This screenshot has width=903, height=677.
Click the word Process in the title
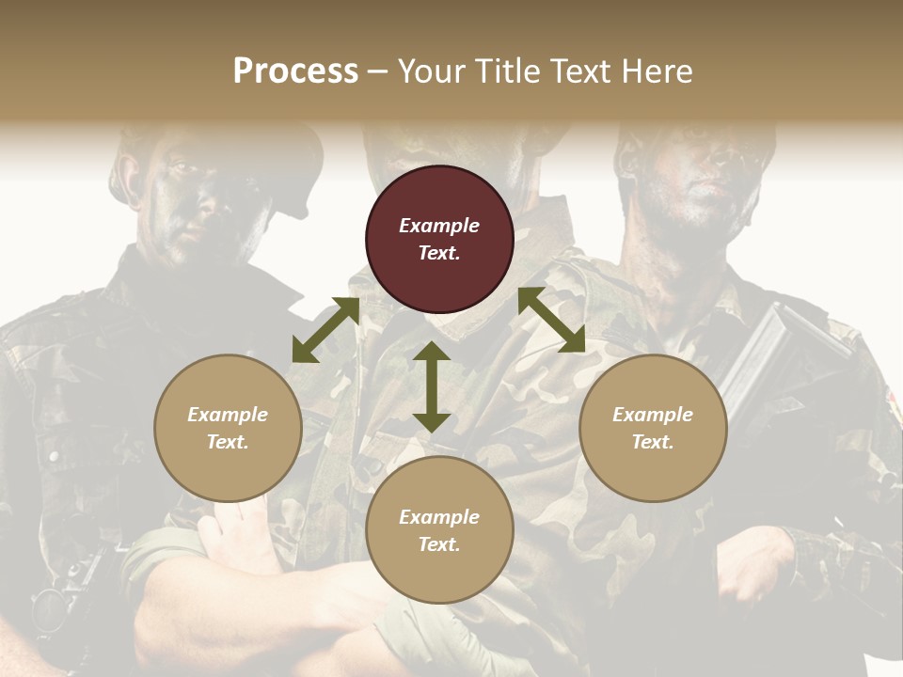[x=295, y=71]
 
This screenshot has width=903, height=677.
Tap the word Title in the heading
[x=502, y=71]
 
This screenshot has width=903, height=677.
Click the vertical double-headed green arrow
[x=432, y=386]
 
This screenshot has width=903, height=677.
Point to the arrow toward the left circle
[x=325, y=330]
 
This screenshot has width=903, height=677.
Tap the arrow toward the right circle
[x=552, y=320]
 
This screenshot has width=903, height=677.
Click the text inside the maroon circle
[x=439, y=239]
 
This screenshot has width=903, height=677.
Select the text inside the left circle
[x=228, y=428]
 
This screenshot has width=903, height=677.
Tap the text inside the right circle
[x=653, y=428]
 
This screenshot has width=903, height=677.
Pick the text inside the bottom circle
[x=439, y=530]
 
